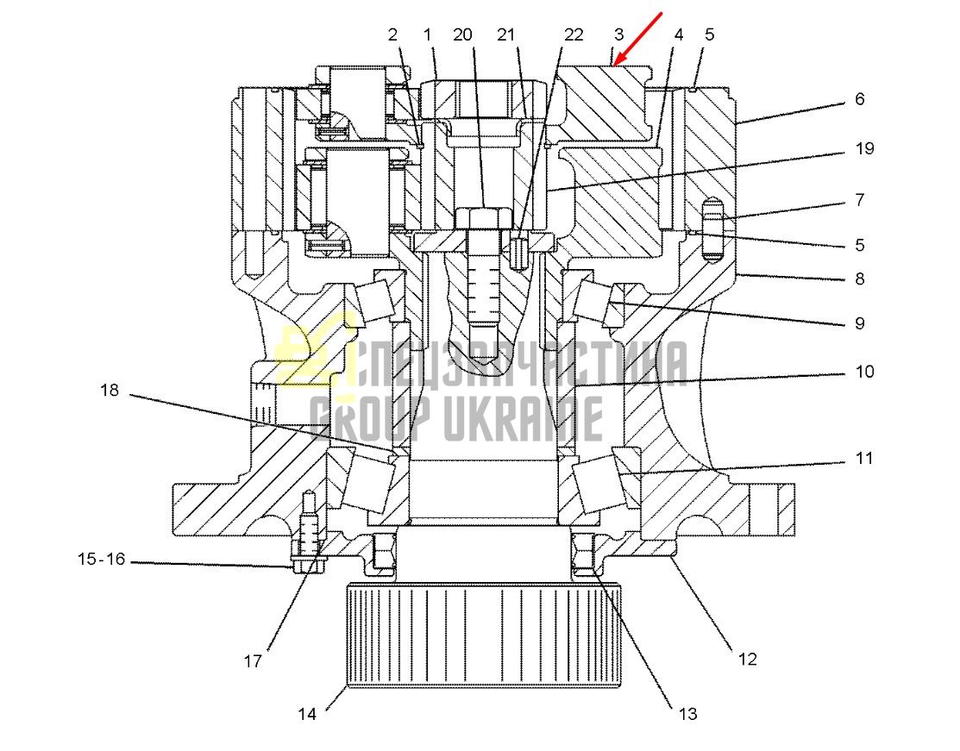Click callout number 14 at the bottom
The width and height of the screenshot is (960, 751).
tap(307, 714)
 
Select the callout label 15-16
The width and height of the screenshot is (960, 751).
tap(102, 559)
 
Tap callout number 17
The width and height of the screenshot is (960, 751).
tap(253, 661)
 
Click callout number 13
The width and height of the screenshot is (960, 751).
tap(687, 714)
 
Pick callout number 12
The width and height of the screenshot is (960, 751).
tap(748, 660)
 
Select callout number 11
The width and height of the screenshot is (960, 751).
tap(864, 458)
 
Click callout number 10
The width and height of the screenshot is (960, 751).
tap(864, 372)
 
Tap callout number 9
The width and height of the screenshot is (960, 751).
tap(860, 323)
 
